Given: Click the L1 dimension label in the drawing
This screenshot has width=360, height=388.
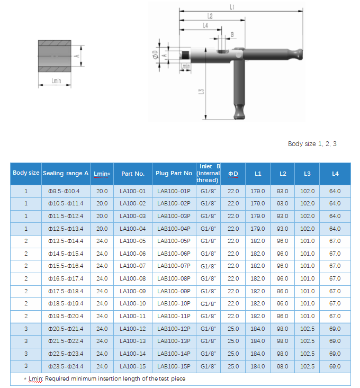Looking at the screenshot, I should click(x=232, y=6).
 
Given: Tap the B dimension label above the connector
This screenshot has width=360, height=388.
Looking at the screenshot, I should click(x=231, y=34).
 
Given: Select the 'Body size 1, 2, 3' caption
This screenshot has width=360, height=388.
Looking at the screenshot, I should click(x=312, y=144).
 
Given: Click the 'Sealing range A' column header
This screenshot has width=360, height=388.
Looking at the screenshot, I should click(x=66, y=174).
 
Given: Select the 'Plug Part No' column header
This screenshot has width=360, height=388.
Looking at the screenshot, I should click(x=174, y=174).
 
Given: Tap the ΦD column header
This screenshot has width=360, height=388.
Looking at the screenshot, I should click(x=233, y=174).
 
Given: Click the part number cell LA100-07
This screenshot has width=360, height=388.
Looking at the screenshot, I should click(x=132, y=266).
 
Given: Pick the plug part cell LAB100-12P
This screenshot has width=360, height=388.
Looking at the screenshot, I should click(x=174, y=329).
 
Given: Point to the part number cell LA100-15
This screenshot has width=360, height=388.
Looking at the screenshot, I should click(x=132, y=366).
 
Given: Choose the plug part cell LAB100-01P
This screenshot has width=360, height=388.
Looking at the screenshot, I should click(x=174, y=191).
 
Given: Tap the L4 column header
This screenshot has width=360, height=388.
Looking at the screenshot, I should click(x=335, y=174).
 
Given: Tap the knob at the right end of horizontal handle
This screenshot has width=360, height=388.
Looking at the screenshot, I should click(x=297, y=53).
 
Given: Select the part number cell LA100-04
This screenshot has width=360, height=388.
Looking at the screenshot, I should click(x=132, y=229).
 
